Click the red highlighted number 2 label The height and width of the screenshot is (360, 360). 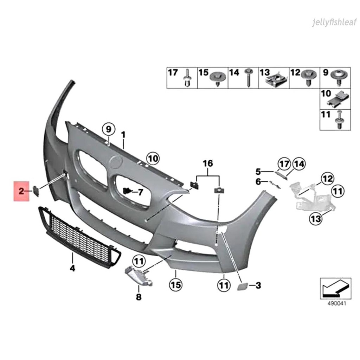point(21,191)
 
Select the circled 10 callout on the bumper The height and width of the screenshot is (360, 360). point(153,159)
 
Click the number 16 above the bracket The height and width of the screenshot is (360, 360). point(208,163)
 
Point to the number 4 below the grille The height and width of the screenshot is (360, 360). point(72,268)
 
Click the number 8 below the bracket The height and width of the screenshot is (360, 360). point(139,297)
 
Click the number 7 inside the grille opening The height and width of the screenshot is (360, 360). point(140,192)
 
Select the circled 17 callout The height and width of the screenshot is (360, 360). point(284,164)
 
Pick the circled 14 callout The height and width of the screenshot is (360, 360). point(300,164)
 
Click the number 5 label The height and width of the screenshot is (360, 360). point(258,172)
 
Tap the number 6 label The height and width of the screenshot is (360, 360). point(258,182)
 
